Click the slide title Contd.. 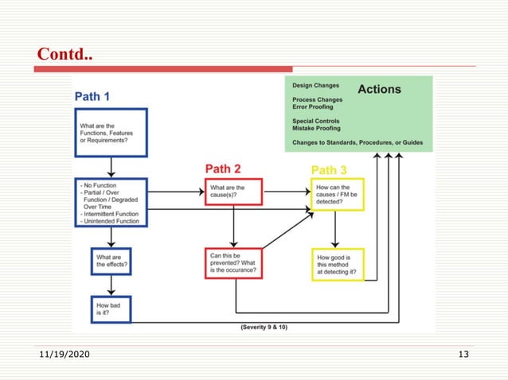64,55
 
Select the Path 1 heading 92,96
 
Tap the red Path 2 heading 223,169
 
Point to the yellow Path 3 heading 329,169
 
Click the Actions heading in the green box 379,89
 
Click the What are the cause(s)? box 233,192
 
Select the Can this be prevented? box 233,263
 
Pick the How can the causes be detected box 337,196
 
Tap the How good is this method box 337,266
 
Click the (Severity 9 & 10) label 266,327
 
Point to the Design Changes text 315,85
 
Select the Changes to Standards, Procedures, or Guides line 358,143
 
